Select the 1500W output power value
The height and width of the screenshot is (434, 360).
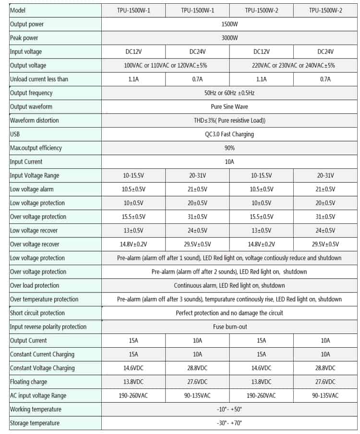click(229, 24)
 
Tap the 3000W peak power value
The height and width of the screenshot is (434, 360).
click(229, 38)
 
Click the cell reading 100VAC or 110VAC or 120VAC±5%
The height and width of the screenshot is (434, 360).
click(166, 65)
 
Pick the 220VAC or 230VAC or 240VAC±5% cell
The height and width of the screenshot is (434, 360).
click(293, 65)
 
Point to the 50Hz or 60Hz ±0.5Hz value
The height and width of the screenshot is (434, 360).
click(229, 93)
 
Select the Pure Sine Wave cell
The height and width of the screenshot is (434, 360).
click(229, 106)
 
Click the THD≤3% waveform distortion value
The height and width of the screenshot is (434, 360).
click(229, 120)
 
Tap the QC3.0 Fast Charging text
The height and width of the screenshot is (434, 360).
click(229, 134)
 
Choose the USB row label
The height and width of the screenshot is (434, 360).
click(15, 134)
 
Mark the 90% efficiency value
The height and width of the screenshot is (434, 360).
click(229, 148)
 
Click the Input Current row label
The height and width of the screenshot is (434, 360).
click(26, 162)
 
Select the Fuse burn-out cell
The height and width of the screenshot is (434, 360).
click(229, 327)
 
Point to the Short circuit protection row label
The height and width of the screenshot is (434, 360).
click(37, 313)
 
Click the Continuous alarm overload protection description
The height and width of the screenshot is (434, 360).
click(229, 285)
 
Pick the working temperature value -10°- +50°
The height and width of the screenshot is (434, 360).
click(229, 409)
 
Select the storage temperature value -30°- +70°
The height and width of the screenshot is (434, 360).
click(229, 423)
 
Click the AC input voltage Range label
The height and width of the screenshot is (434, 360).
click(38, 396)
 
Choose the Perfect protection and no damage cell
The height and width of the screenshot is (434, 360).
click(229, 313)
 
